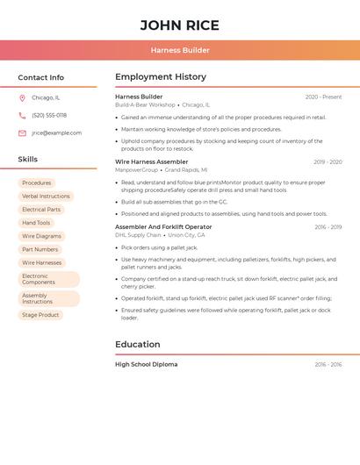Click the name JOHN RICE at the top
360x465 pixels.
coord(180,25)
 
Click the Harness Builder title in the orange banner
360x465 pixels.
coord(180,50)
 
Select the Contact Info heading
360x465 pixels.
coord(41,77)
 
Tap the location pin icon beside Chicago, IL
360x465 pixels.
coord(22,97)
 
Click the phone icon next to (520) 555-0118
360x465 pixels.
coord(22,115)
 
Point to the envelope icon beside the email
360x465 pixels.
coord(22,133)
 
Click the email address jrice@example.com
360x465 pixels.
coord(56,133)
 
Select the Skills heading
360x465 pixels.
coord(28,160)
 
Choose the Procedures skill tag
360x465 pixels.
coord(37,182)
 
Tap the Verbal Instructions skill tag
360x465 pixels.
coord(46,197)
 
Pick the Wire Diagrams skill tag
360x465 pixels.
coord(42,236)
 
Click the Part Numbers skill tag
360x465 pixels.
coord(40,249)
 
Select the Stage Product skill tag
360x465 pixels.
coord(40,315)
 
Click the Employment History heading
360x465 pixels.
coord(161,77)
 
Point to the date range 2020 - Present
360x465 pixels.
coord(323,97)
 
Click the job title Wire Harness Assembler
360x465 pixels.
coord(151,161)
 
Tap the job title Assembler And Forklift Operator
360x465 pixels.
coord(163,227)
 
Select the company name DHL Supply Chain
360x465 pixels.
coord(138,235)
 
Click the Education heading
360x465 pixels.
coord(138,345)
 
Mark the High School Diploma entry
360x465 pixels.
coord(146,364)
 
